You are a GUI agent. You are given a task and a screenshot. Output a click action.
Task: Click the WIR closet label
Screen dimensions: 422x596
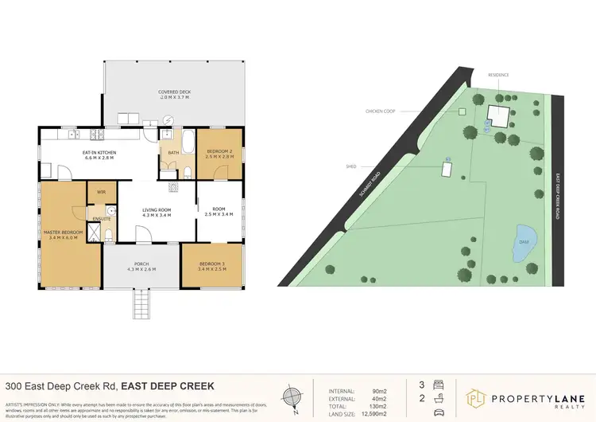pyautogui.click(x=101, y=192)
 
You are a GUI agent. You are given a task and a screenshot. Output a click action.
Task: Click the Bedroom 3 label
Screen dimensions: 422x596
pyautogui.click(x=211, y=266)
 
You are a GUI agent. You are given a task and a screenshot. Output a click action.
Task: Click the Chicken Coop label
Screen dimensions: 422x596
pyautogui.click(x=380, y=111)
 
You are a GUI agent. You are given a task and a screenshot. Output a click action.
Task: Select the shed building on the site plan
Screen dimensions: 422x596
pyautogui.click(x=447, y=170)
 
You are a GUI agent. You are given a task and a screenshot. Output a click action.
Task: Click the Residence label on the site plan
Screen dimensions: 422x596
pyautogui.click(x=498, y=75)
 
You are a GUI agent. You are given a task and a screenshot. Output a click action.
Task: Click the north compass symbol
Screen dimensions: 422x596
pyautogui.click(x=292, y=396)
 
